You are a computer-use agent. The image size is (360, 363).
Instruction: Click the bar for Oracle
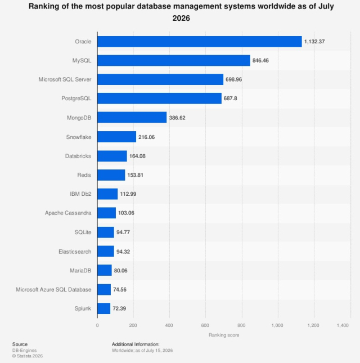200,42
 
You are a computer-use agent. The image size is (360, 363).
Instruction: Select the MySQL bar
174,61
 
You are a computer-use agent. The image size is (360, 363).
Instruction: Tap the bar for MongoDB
132,118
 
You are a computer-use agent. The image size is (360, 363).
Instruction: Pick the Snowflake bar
117,137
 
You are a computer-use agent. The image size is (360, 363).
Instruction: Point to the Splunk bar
104,308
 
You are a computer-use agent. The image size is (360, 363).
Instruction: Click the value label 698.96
233,79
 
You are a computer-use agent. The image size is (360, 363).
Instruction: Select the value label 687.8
230,98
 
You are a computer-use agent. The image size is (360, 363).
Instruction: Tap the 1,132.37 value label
314,42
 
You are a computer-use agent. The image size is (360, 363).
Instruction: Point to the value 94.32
123,252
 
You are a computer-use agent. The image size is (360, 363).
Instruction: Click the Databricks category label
78,156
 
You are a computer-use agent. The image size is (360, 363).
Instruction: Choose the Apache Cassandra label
68,213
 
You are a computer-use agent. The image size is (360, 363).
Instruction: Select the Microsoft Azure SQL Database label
53,290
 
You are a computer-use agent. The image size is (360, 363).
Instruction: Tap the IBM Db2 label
80,194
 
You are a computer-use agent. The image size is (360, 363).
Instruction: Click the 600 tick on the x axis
205,325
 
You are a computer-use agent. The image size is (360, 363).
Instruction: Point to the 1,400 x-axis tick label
343,325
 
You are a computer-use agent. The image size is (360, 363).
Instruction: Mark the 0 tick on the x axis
97,325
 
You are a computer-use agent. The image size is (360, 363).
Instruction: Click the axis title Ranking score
224,335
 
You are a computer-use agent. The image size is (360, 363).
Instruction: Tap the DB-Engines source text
24,351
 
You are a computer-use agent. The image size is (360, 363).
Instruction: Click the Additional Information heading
136,344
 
